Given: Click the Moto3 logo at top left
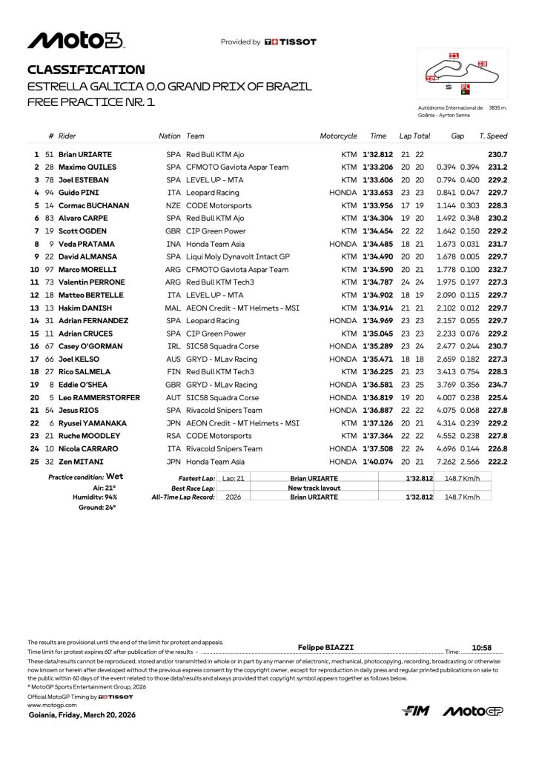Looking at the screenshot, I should pyautogui.click(x=76, y=40).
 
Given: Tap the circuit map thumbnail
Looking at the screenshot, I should pyautogui.click(x=463, y=74).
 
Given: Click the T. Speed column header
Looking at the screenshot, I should pyautogui.click(x=493, y=136).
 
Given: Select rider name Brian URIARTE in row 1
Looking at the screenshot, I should pyautogui.click(x=85, y=154).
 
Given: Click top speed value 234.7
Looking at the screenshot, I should pyautogui.click(x=497, y=385).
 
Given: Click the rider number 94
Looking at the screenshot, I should pyautogui.click(x=50, y=193).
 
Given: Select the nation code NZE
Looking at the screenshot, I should pyautogui.click(x=172, y=205).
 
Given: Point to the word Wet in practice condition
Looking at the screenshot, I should pyautogui.click(x=114, y=477).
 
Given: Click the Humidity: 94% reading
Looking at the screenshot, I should pyautogui.click(x=94, y=497).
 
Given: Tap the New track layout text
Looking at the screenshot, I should pyautogui.click(x=314, y=488).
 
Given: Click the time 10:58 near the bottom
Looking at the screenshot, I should pyautogui.click(x=482, y=647).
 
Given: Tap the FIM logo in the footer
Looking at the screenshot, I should pyautogui.click(x=416, y=712).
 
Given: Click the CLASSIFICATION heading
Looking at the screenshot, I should pyautogui.click(x=86, y=70).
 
